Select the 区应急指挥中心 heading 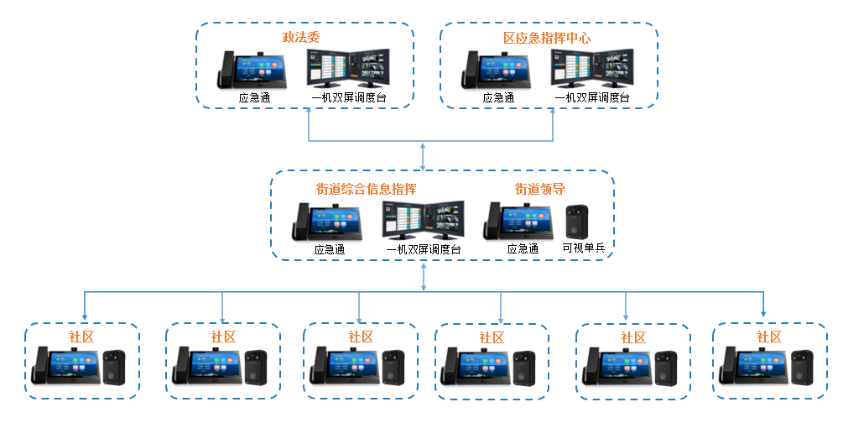[x=547, y=38]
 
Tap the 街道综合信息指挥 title [x=366, y=189]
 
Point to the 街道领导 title [x=539, y=189]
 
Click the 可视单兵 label [x=583, y=248]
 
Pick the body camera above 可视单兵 [x=577, y=222]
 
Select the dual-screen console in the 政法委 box [x=348, y=69]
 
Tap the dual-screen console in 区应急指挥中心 [x=592, y=69]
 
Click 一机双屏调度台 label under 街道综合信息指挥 [x=423, y=249]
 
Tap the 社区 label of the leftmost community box [x=81, y=337]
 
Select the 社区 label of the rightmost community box [x=769, y=337]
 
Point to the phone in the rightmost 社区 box [x=751, y=369]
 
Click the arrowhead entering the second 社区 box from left [x=222, y=318]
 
